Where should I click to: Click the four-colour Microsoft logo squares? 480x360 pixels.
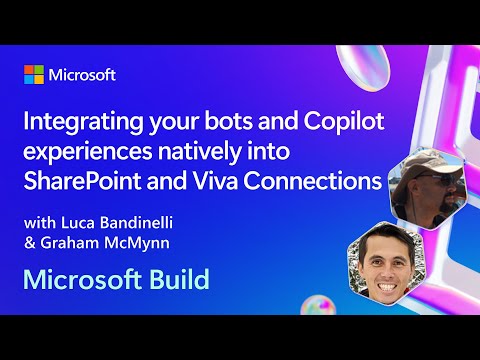coord(35,76)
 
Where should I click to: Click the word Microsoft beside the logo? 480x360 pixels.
coord(83,76)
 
